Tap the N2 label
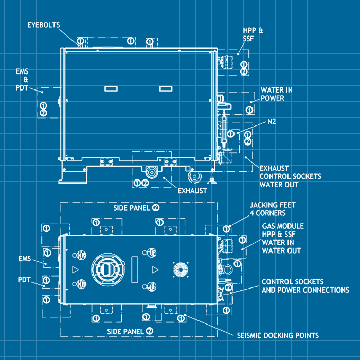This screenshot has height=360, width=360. (272, 122)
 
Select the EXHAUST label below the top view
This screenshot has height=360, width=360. (192, 191)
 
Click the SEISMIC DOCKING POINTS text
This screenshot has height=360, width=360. (278, 335)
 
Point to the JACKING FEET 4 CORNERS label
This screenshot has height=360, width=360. (273, 208)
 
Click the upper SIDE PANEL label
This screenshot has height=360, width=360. (132, 208)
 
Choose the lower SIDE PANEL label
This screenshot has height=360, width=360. (125, 331)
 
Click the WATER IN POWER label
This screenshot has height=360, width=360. (276, 94)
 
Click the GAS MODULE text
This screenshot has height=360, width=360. (283, 226)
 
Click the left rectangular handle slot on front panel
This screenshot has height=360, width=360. (111, 88)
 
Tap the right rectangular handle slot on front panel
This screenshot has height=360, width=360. (166, 88)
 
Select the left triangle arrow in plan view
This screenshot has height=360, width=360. (75, 269)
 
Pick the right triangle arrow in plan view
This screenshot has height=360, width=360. (154, 269)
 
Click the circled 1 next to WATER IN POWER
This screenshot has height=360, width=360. (249, 110)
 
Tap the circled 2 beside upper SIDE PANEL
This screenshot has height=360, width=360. (155, 208)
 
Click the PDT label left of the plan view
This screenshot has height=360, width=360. (24, 280)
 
